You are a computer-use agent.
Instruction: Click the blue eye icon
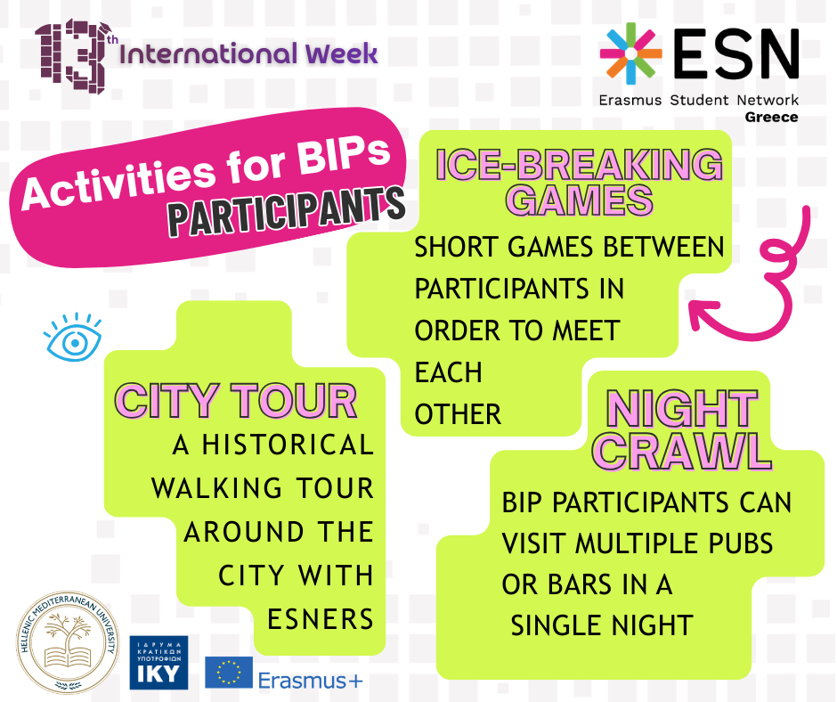pyautogui.click(x=73, y=337)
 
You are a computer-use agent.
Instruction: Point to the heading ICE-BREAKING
pyautogui.click(x=579, y=165)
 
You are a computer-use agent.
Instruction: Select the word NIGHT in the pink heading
pyautogui.click(x=681, y=411)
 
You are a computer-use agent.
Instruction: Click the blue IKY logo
pyautogui.click(x=158, y=663)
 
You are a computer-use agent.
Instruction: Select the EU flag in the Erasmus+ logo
pyautogui.click(x=229, y=673)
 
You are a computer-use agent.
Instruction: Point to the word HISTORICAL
pyautogui.click(x=285, y=445)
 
